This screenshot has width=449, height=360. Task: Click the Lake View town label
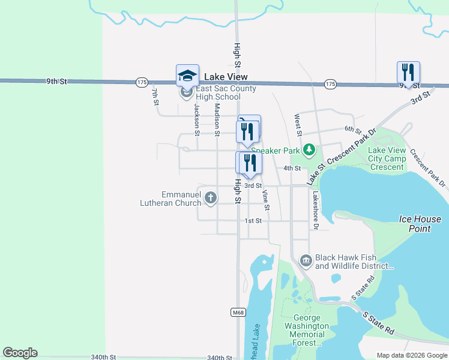[226, 77]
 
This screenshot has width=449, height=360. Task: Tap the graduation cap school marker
[187, 76]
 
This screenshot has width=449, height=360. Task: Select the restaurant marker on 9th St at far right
[408, 73]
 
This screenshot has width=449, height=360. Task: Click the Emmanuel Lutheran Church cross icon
[211, 197]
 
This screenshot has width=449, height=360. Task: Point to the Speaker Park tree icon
[309, 149]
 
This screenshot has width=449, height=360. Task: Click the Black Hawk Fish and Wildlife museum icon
[306, 260]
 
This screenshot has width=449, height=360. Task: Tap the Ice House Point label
[420, 224]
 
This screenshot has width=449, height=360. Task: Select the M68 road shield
[237, 312]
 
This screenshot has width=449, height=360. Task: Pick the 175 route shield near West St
[330, 84]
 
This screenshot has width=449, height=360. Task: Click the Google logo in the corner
[20, 353]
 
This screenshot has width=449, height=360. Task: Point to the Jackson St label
[196, 118]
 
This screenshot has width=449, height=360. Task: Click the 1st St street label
[253, 221]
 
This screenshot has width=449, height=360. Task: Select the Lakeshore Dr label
[313, 211]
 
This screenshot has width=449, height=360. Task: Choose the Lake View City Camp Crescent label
[386, 159]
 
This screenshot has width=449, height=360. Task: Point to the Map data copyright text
[412, 355]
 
